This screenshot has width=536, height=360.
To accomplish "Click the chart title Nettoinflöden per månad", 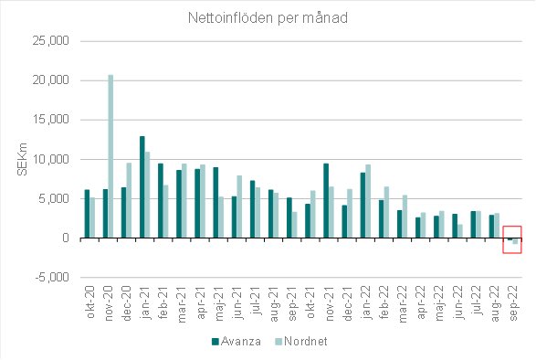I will coord(268,17).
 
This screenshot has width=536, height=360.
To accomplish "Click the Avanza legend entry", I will coord(236,342).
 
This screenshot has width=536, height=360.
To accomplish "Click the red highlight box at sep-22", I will coord(512,239).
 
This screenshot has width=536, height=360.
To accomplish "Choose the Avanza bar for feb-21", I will coord(161,201).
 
